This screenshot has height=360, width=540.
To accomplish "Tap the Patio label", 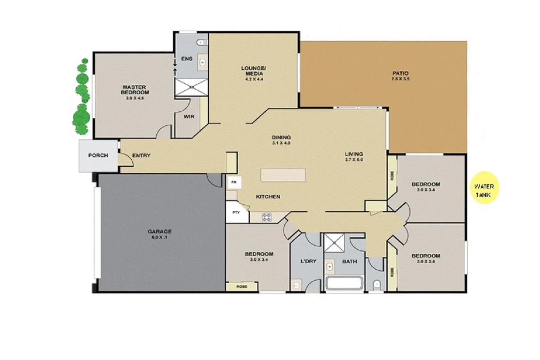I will (400, 73).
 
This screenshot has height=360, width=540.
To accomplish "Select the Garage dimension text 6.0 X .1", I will (160, 237).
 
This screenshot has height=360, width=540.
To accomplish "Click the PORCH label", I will (98, 155).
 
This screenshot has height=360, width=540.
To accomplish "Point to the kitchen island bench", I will (283, 175).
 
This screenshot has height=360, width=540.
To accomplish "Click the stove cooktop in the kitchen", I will (267, 217).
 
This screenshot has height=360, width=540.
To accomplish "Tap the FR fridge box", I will (234, 183).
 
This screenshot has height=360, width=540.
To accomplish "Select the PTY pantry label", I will (236, 212).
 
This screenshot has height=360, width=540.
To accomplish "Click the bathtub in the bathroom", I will (344, 283).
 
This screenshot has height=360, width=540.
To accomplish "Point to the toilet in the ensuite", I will (201, 42).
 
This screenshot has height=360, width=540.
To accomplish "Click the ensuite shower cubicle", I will (192, 87).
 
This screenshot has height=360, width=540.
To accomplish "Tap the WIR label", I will (189, 117).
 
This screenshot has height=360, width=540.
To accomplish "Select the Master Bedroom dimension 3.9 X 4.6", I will (135, 98).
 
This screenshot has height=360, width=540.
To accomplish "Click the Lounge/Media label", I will (254, 71).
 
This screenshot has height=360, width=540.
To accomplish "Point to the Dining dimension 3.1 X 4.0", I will (281, 143).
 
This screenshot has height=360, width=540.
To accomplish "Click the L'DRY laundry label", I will (308, 261).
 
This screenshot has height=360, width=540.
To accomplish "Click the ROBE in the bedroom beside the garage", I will (242, 286).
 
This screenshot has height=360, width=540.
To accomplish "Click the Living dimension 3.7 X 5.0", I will (354, 160).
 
